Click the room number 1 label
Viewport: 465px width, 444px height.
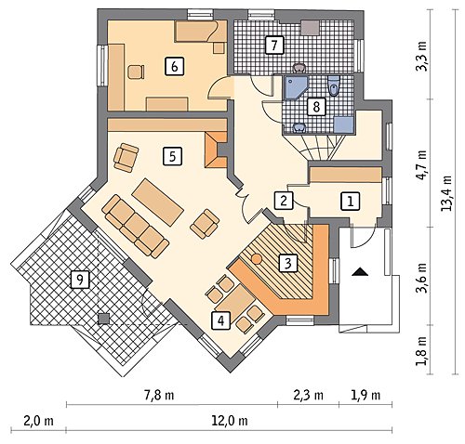tap(351, 202)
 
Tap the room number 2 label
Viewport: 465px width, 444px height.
tap(284, 201)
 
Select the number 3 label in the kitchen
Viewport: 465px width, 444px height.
tap(288, 264)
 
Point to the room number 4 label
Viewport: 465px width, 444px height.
tap(220, 320)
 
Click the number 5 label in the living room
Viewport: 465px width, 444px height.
tap(172, 156)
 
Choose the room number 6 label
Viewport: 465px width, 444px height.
tap(174, 66)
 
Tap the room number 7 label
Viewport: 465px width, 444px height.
tap(274, 46)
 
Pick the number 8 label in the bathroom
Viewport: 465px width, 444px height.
tap(316, 107)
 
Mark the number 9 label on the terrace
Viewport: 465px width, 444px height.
tap(80, 280)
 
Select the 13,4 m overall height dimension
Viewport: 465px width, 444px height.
tap(445, 193)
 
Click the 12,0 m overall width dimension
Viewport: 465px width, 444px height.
tap(230, 421)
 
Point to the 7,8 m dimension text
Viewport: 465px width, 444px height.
tap(160, 395)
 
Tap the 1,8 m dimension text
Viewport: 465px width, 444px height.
tap(421, 350)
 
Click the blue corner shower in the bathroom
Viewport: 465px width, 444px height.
tap(295, 87)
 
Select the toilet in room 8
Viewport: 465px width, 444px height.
tap(334, 86)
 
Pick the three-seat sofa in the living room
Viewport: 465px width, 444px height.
tap(136, 226)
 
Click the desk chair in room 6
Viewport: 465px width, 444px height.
tap(136, 72)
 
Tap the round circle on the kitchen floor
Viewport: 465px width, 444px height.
tap(257, 259)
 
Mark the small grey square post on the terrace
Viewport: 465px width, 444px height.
tap(103, 319)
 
